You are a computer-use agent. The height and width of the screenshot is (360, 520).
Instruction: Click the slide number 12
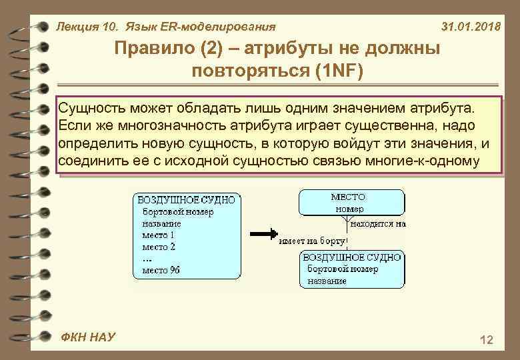(486, 341)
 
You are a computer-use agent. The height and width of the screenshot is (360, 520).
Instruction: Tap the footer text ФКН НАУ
(87, 337)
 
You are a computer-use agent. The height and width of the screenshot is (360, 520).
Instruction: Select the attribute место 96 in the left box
(161, 270)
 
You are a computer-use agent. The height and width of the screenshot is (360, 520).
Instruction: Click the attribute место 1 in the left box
(158, 235)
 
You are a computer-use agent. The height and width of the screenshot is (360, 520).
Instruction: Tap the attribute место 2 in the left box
(158, 247)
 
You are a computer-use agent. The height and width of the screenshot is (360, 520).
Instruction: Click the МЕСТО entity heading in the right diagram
(348, 197)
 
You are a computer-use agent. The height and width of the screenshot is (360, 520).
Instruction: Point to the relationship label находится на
(378, 224)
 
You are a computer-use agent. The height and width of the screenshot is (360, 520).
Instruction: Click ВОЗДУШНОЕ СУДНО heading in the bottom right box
(352, 257)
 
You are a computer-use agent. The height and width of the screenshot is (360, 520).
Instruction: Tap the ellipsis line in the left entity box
(147, 259)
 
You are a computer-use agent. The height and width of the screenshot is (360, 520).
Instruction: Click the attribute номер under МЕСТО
(349, 209)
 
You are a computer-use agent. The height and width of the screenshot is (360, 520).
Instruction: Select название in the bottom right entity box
(327, 281)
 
